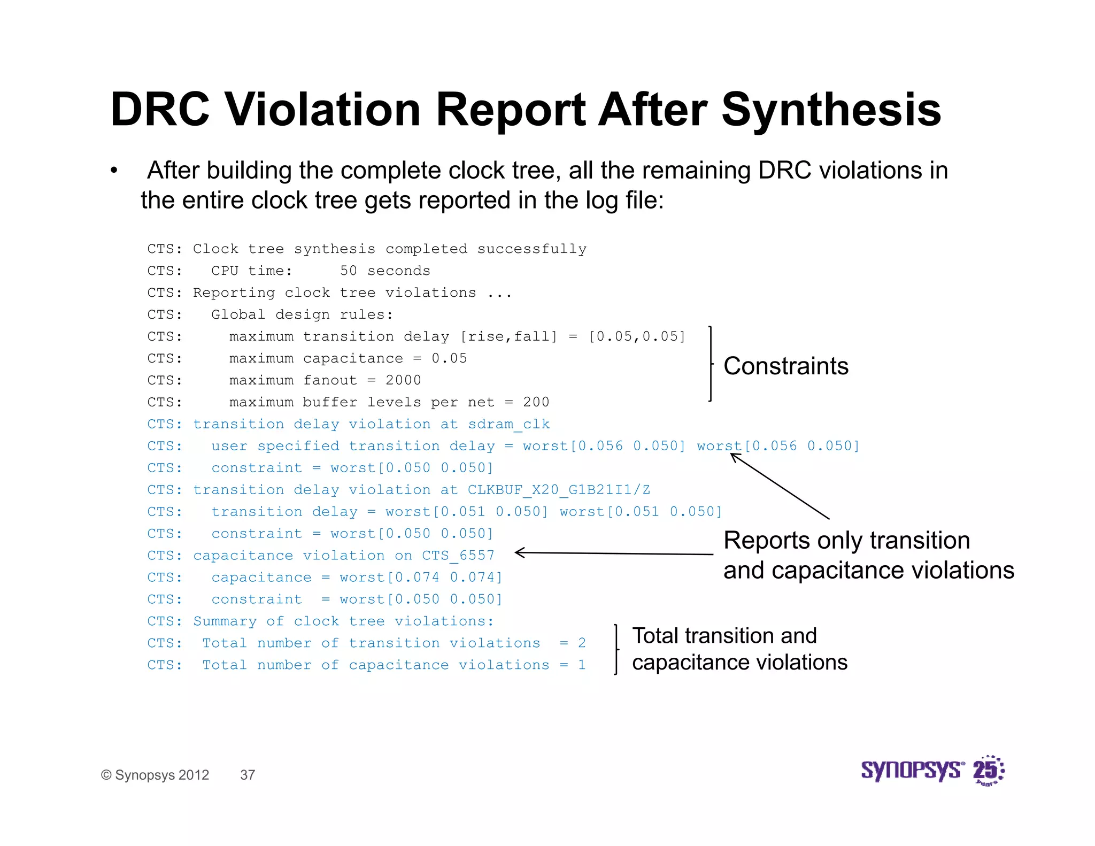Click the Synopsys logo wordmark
[x=912, y=770]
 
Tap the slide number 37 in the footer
[x=248, y=775]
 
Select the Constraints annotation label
[x=785, y=366]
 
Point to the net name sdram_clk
[x=508, y=424]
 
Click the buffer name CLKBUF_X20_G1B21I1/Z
[x=559, y=490]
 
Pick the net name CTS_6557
[x=458, y=556]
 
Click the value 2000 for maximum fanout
[x=403, y=380]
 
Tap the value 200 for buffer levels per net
[x=536, y=402]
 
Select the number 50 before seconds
[x=348, y=271]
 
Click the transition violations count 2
[x=582, y=643]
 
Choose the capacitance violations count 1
[x=582, y=665]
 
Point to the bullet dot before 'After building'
[x=113, y=171]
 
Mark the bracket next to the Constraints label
[x=711, y=364]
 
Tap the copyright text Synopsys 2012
[x=155, y=775]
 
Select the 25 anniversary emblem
[x=988, y=771]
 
